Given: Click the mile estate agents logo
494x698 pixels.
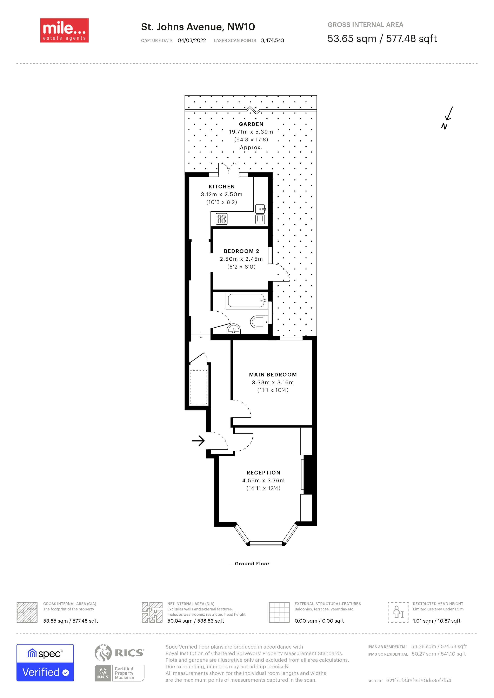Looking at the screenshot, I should [x=64, y=30].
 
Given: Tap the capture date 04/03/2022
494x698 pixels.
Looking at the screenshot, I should [x=192, y=40].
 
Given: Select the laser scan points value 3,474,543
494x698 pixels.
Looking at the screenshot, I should [x=272, y=40].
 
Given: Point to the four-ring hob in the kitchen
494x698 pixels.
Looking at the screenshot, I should [x=221, y=219].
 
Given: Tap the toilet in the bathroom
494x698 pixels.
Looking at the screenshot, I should [x=258, y=322].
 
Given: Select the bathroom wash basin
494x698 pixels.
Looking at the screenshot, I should [x=234, y=329].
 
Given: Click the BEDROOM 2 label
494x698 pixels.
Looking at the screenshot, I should [x=241, y=251].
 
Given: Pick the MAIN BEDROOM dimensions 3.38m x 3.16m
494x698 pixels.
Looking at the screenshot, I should [x=273, y=382].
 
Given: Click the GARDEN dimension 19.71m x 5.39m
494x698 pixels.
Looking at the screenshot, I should [x=251, y=132].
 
